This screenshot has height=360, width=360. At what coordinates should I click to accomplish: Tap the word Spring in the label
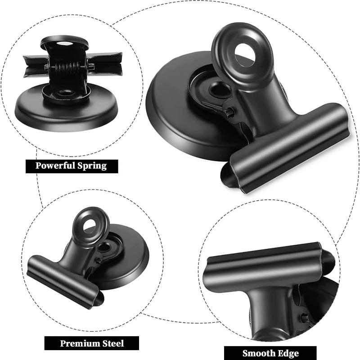[x=93, y=166]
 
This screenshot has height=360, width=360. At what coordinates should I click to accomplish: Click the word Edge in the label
[x=288, y=353]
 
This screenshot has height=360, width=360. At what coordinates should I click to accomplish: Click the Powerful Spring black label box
[x=71, y=166]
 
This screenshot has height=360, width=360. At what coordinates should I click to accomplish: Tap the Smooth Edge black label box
[x=270, y=353]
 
